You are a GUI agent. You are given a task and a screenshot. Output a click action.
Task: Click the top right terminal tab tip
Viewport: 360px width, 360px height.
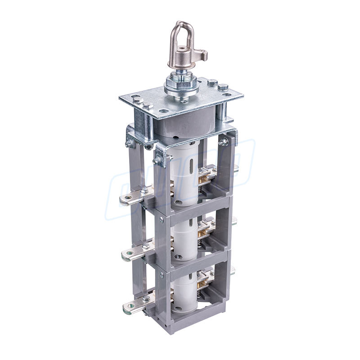[x=235, y=168]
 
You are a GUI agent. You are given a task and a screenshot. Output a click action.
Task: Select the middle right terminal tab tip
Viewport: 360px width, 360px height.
[x=234, y=220]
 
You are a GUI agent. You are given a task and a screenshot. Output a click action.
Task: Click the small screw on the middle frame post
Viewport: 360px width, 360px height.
[x=161, y=220]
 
